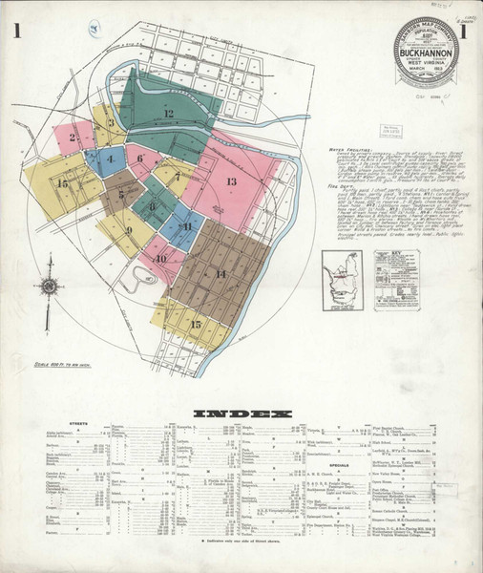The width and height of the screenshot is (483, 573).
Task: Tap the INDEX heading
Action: click(x=241, y=414)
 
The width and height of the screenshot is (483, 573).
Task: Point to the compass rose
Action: click(x=49, y=286)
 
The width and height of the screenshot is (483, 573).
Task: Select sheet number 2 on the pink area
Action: click(x=73, y=138)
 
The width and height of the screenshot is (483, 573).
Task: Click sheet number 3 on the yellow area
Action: click(x=112, y=122)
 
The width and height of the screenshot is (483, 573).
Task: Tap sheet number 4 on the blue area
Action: click(x=109, y=159)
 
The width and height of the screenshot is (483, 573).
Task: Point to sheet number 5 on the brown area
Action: click(x=122, y=194)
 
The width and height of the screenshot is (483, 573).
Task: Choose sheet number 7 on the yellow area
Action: click(x=177, y=177)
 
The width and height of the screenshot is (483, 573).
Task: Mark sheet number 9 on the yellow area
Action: click(x=128, y=230)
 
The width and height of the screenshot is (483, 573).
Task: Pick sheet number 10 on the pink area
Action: click(x=160, y=258)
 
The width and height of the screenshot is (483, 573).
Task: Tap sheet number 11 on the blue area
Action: click(x=187, y=226)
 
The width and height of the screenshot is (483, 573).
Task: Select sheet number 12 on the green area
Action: click(x=168, y=114)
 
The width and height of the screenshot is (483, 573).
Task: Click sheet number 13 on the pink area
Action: click(x=231, y=181)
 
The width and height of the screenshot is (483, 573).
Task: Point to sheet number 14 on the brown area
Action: click(x=220, y=274)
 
